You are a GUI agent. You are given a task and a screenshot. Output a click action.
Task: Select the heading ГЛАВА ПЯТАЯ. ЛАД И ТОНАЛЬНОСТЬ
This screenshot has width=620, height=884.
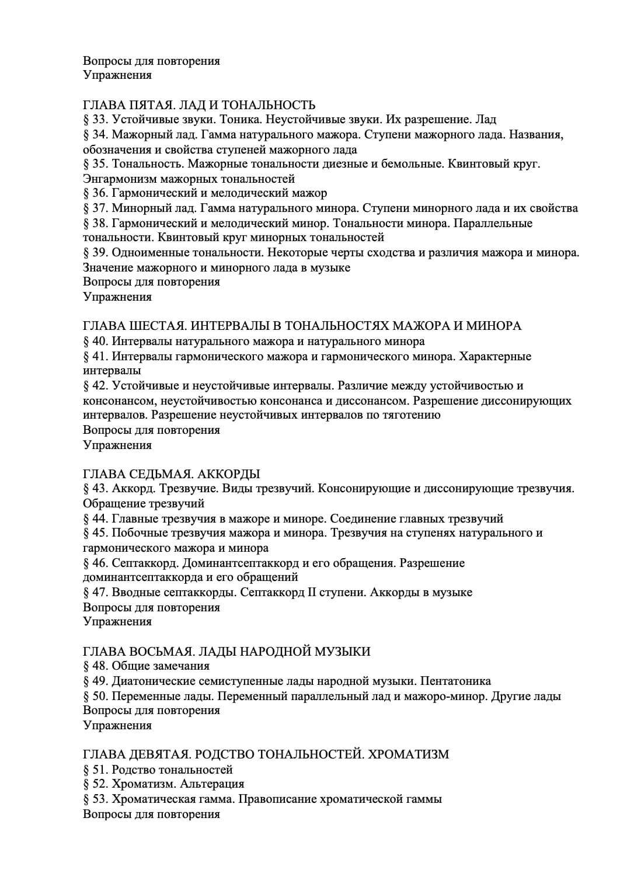click(x=199, y=105)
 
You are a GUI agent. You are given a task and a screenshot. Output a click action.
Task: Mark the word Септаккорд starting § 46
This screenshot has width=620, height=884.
click(x=145, y=563)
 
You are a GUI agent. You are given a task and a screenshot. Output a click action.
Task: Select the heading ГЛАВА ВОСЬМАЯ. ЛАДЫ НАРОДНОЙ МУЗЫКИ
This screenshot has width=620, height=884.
click(x=227, y=652)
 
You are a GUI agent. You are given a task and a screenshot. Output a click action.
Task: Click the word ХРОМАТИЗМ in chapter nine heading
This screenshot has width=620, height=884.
click(x=410, y=754)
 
